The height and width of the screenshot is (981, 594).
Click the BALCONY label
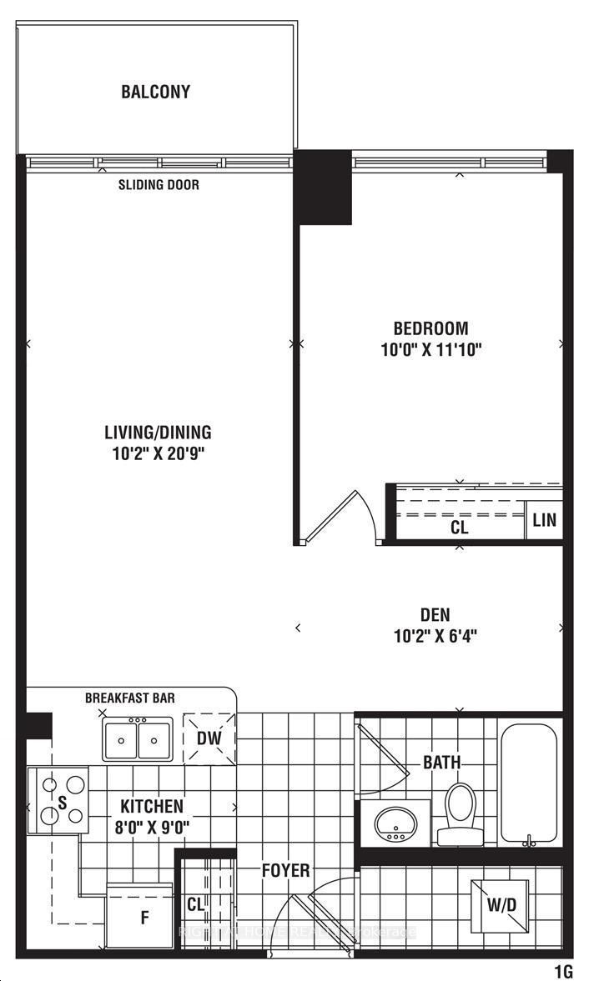(x=155, y=92)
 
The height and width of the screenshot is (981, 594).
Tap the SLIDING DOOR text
(x=159, y=185)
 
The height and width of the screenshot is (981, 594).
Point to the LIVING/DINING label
(x=158, y=433)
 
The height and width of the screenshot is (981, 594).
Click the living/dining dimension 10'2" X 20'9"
(x=158, y=454)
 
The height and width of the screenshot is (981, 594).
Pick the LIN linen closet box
(x=544, y=521)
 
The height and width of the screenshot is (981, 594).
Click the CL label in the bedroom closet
(x=459, y=528)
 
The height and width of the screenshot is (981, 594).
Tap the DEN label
(x=435, y=615)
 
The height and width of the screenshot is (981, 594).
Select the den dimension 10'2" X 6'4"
(x=435, y=637)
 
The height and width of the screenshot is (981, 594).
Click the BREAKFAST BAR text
(x=130, y=698)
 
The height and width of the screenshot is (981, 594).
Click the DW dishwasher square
(x=209, y=737)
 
